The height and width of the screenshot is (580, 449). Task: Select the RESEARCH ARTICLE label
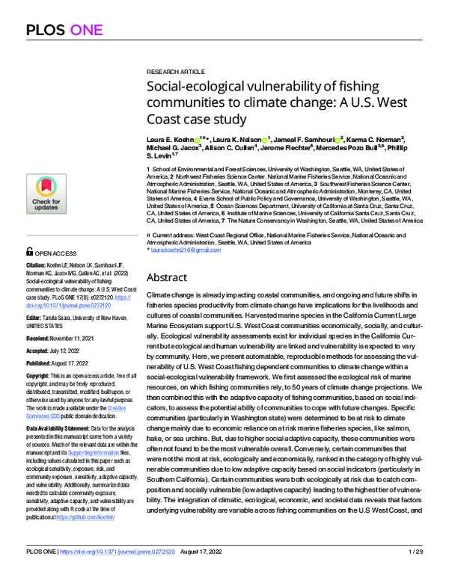click(171, 67)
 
